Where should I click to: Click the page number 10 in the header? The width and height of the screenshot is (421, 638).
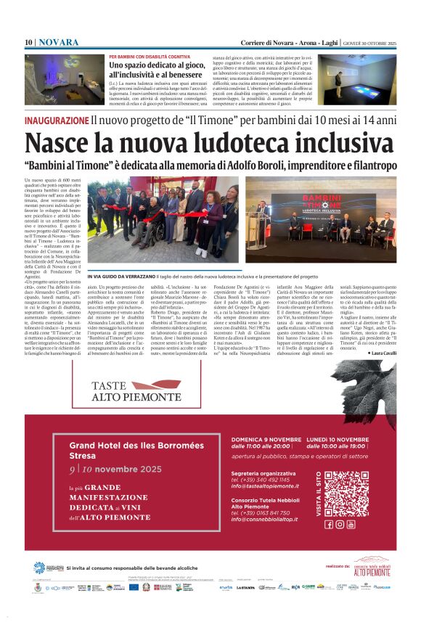(28, 43)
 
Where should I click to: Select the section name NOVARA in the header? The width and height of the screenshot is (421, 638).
(58, 43)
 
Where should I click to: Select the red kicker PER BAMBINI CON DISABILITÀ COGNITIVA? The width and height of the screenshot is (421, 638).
(150, 56)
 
